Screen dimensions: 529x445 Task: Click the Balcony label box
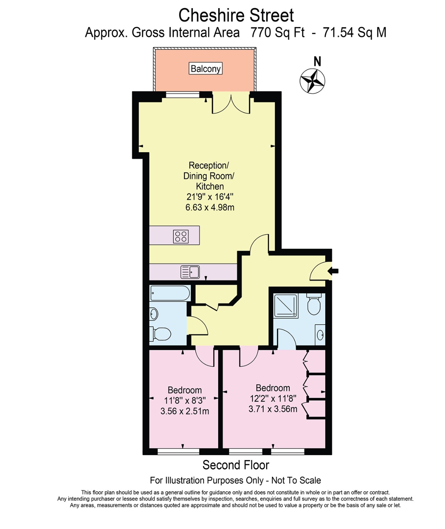tap(205, 69)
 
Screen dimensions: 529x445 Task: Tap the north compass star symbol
tap(312, 81)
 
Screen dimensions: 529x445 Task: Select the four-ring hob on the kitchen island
tap(181, 236)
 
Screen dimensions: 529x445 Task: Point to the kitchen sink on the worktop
tap(190, 272)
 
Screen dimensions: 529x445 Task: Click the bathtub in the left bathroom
tap(170, 293)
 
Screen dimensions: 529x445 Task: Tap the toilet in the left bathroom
tap(161, 334)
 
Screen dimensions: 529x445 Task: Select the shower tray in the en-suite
tap(285, 305)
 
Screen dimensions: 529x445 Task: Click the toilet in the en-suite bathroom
tap(314, 304)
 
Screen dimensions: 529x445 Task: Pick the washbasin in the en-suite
tap(320, 335)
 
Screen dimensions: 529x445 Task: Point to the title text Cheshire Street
tap(236, 16)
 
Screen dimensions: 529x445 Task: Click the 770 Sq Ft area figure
tap(277, 33)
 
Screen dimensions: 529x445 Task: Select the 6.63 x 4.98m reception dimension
tap(210, 207)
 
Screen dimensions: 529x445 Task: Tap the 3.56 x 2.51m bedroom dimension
tap(184, 411)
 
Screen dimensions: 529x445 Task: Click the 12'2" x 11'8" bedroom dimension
tap(273, 399)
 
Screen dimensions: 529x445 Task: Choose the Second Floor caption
tap(236, 465)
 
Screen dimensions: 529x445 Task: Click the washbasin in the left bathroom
tap(154, 314)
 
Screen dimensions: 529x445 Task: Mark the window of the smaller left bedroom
tap(178, 451)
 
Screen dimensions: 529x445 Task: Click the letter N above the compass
tap(317, 62)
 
